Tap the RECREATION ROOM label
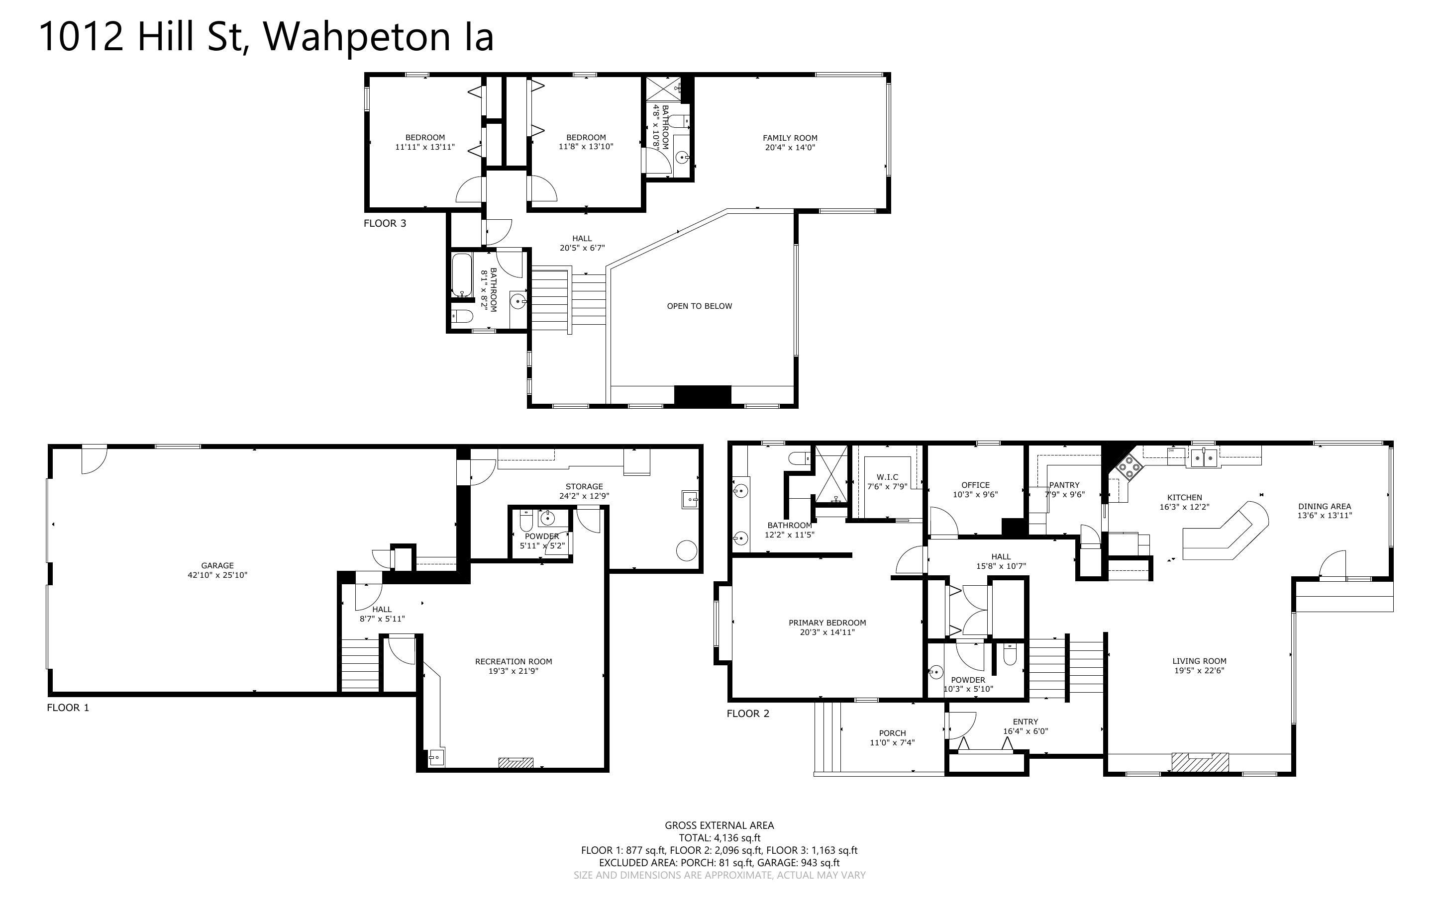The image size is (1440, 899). tap(514, 661)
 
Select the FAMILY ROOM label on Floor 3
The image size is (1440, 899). tap(790, 138)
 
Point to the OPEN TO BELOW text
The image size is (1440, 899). tap(700, 306)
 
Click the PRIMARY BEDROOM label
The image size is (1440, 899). tap(827, 623)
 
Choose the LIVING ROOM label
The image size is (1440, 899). tap(1199, 660)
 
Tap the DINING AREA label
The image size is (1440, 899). tap(1325, 507)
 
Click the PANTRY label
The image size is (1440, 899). tap(1064, 485)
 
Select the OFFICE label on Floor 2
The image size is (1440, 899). tap(975, 485)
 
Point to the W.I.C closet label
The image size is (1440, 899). tap(887, 477)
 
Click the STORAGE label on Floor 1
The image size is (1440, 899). tap(584, 486)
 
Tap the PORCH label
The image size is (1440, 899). tap(892, 733)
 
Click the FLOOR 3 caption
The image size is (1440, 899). tap(385, 224)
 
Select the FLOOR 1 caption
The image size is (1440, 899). tap(68, 708)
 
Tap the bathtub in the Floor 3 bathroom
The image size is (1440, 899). tap(462, 275)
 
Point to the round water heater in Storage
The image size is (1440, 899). tap(687, 550)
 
